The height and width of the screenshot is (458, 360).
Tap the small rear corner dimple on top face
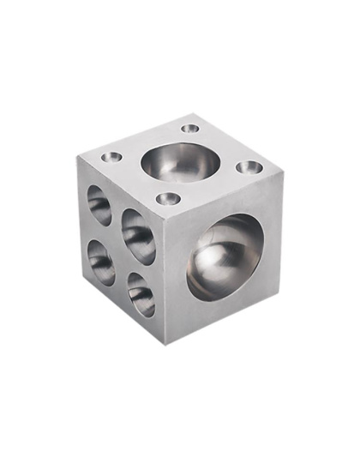190,129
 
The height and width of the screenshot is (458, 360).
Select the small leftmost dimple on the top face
111,157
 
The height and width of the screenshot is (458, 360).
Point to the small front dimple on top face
169,198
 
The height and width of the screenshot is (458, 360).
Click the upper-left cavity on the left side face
99,204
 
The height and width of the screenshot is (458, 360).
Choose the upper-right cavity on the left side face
138,235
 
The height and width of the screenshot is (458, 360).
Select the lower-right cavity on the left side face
141,294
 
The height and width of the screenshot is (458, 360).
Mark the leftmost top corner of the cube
77,157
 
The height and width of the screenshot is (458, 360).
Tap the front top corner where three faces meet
166,222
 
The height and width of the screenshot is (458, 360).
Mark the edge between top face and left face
122,190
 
